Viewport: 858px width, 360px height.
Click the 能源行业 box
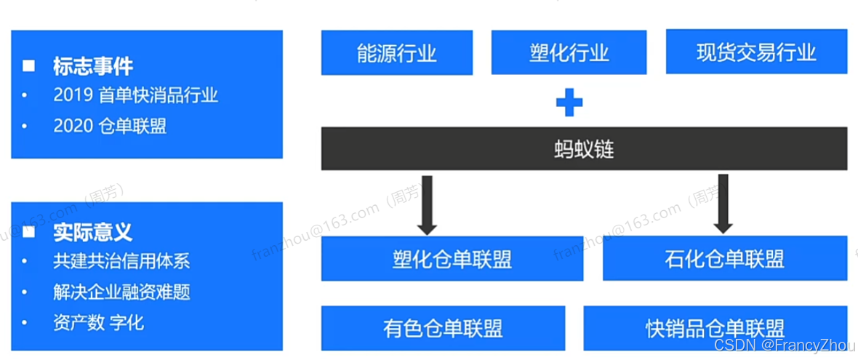397,52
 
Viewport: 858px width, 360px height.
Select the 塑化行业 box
569,52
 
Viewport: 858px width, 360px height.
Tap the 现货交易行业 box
756,52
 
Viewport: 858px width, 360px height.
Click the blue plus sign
569,103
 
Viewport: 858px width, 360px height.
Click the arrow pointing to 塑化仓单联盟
428,204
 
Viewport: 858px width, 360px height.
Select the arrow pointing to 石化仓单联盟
723,204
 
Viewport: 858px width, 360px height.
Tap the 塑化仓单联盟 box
452,259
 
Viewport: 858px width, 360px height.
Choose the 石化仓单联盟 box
723,259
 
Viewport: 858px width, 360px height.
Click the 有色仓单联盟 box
443,329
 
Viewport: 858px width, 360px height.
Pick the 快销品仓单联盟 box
715,329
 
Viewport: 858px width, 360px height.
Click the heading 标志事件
92,67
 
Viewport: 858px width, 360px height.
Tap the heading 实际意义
92,233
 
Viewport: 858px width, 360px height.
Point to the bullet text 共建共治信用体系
121,260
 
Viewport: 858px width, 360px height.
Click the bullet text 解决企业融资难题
121,292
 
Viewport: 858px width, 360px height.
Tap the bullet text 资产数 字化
98,322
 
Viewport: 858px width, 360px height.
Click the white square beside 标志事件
28,67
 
